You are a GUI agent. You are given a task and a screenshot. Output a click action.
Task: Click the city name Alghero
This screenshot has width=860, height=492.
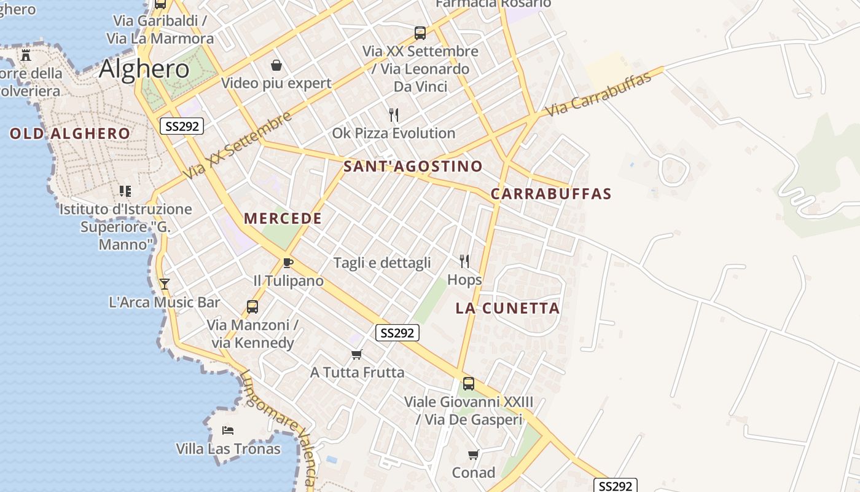point(144,68)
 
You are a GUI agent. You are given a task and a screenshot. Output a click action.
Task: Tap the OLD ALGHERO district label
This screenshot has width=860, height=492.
point(70,133)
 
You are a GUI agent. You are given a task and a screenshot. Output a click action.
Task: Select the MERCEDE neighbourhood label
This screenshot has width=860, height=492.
point(283,218)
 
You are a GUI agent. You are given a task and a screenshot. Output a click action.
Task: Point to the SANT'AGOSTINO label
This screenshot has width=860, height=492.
point(413,166)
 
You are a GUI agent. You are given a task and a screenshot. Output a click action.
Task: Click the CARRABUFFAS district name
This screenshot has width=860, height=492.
point(551,194)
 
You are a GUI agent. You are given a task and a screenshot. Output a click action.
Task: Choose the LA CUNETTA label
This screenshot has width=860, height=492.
point(507,308)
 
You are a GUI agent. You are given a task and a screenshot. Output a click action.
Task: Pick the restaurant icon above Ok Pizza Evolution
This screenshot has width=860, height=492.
point(394,115)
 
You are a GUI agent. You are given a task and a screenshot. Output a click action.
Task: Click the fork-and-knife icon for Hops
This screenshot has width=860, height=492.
point(464,261)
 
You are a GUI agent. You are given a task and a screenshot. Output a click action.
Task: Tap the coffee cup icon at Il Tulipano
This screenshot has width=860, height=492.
point(287,263)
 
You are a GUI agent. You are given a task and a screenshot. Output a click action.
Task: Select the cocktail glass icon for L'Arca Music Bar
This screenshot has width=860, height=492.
point(164,284)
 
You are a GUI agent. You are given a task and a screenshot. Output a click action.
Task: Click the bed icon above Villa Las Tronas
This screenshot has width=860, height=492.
point(228,430)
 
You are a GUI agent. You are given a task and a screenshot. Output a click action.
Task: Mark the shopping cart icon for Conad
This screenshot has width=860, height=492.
point(473,454)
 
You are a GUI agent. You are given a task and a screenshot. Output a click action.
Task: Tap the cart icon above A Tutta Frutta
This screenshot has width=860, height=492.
point(356,354)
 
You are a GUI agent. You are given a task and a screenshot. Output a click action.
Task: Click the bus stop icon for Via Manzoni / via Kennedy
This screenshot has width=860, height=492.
point(252,306)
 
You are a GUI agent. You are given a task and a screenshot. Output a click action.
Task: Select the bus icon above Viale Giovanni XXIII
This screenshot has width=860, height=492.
point(469,383)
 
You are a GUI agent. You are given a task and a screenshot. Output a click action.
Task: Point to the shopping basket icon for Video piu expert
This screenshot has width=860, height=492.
point(276,65)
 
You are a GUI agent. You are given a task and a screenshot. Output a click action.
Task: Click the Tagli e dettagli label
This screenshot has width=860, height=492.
point(382,263)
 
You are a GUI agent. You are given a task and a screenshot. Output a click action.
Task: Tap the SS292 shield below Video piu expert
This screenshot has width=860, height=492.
point(182,126)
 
